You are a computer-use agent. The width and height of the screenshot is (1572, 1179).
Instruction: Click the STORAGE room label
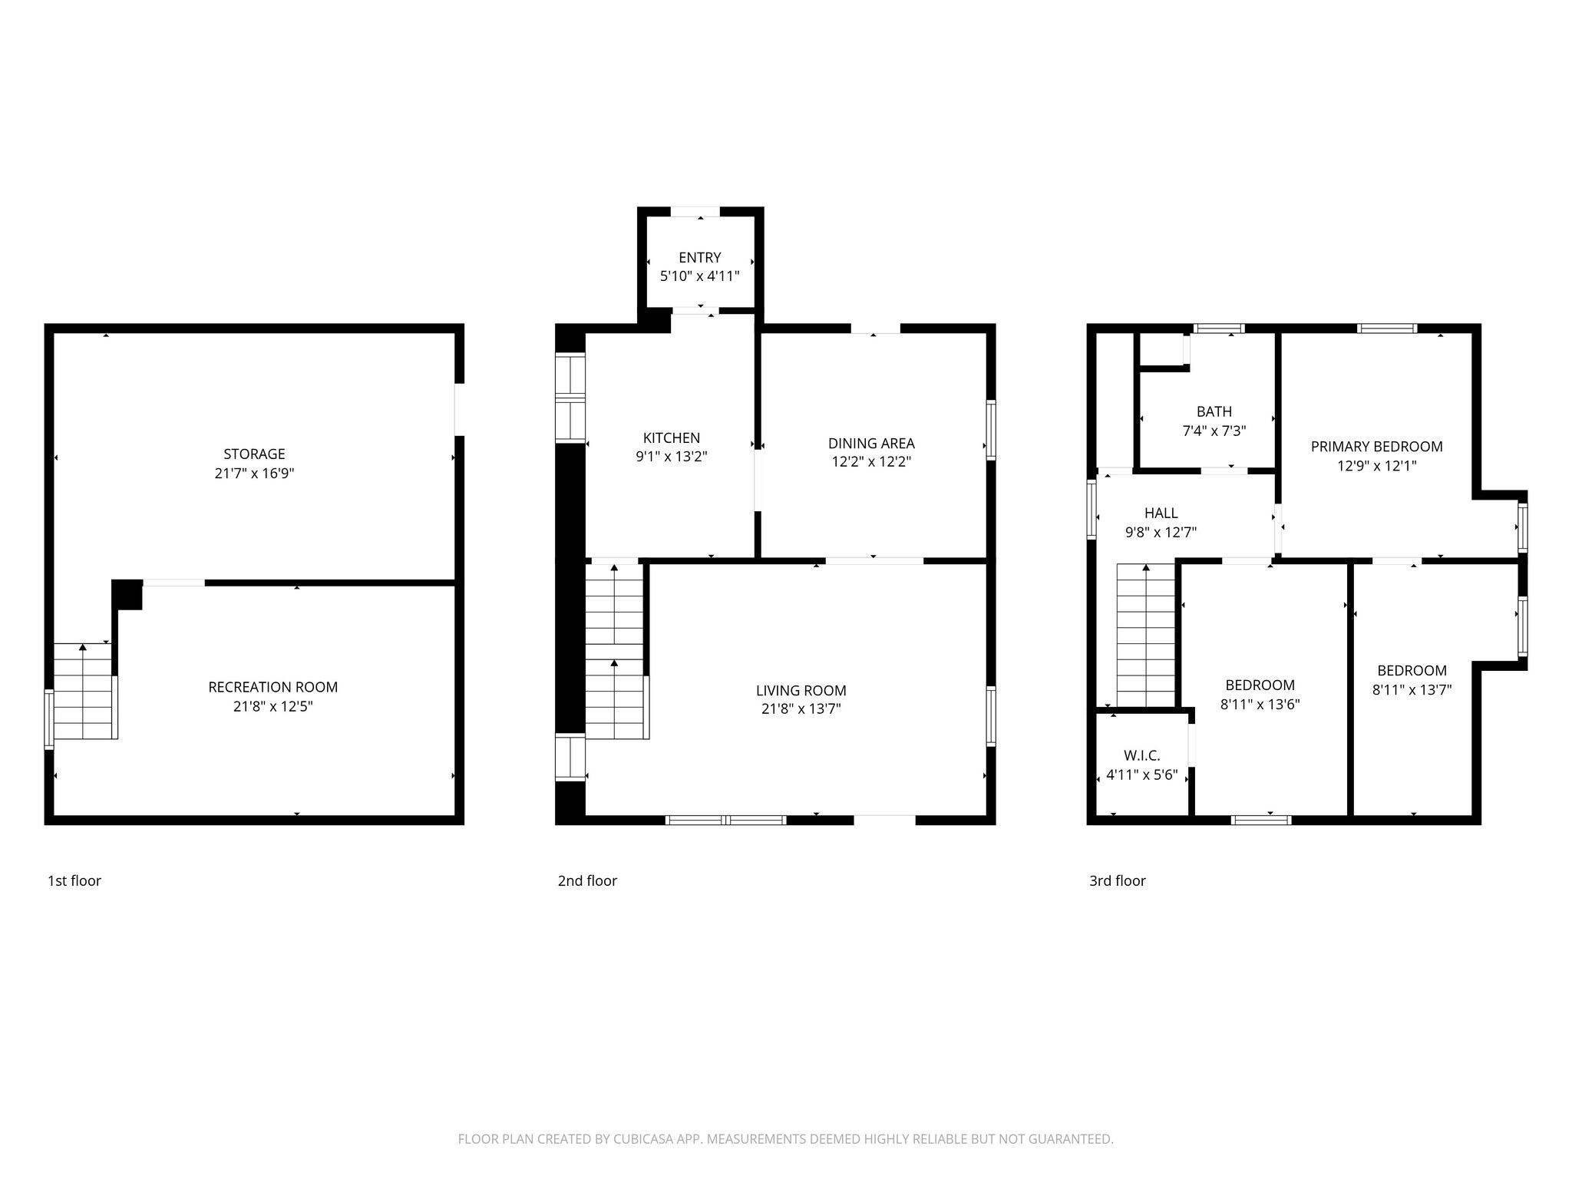[254, 454]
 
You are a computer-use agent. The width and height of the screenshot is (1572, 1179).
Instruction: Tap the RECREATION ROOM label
[273, 687]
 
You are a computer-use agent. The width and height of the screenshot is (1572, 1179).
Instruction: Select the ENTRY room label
[700, 257]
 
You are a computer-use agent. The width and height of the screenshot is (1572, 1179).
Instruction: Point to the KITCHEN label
[672, 438]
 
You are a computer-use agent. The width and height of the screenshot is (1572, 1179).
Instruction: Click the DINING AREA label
[871, 443]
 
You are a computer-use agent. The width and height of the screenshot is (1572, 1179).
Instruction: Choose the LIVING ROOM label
[801, 691]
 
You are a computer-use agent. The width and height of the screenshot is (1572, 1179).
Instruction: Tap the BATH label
[1214, 411]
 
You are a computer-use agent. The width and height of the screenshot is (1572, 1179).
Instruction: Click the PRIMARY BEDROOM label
[1377, 446]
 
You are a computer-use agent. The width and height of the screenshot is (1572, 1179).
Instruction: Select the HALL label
[1161, 513]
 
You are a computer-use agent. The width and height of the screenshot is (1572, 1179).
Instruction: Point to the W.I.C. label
[1142, 756]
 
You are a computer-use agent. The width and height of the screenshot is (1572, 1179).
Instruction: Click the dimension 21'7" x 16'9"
[254, 474]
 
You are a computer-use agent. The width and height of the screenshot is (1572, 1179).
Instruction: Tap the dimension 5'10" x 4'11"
[700, 276]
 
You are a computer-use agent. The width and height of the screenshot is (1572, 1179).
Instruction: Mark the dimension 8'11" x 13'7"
[1412, 689]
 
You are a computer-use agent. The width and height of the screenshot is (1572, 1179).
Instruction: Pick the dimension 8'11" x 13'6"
[1260, 704]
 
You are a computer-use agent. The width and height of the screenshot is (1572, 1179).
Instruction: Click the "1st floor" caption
[74, 880]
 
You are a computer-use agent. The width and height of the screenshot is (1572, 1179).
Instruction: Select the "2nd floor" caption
[587, 880]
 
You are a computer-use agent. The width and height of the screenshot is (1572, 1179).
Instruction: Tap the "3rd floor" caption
[1118, 880]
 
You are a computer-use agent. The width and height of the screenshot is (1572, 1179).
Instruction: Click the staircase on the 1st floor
[84, 691]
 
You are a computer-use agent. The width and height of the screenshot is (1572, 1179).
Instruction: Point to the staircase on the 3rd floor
[1146, 635]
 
